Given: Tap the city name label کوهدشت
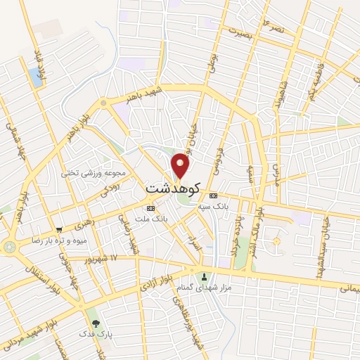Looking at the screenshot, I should click(x=172, y=188).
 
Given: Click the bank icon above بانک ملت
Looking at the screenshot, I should click(x=150, y=209).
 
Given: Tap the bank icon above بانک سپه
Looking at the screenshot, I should click(x=213, y=195).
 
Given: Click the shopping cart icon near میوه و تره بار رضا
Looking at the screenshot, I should click(x=59, y=229).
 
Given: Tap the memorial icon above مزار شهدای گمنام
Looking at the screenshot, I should click(x=205, y=276).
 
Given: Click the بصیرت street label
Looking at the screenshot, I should click(x=233, y=31).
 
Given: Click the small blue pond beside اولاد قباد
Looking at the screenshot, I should click(x=36, y=77).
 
